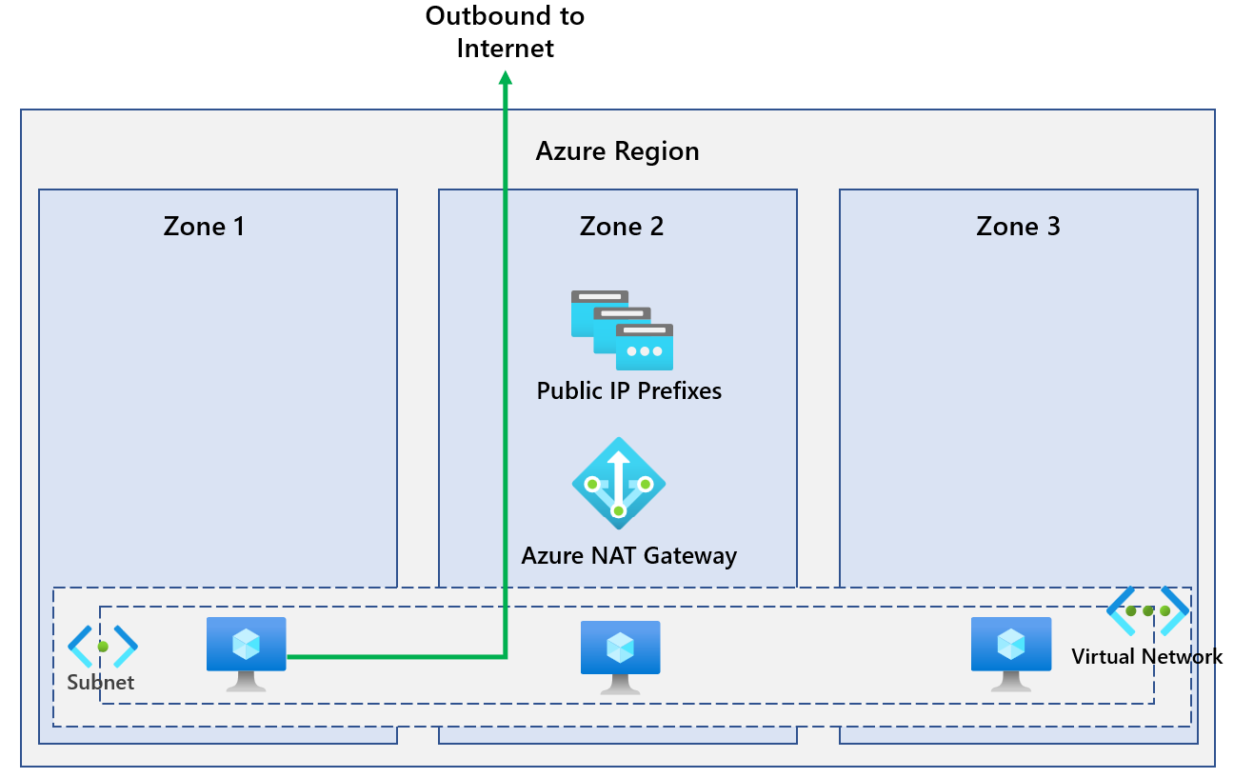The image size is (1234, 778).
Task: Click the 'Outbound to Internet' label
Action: coord(505,31)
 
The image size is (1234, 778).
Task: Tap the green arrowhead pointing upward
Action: coord(506,83)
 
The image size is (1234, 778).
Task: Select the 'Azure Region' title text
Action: coord(617,151)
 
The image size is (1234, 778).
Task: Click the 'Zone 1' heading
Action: coord(204,227)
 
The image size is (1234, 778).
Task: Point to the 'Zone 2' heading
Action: coord(621,227)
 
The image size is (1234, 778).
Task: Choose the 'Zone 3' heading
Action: coord(1018,227)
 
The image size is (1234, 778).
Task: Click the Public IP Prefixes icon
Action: coord(622,329)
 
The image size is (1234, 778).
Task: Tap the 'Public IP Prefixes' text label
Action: coord(628,391)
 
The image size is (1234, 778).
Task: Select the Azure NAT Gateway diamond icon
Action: coord(618,484)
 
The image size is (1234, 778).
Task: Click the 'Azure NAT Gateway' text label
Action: coord(628,555)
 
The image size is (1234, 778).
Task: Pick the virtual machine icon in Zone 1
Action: coord(247,652)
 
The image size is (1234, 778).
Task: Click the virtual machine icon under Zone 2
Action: coord(620,656)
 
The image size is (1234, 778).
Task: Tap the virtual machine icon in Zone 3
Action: coord(1010,652)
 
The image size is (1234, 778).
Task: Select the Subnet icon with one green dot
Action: coord(103,647)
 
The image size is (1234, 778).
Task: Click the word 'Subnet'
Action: coord(100,683)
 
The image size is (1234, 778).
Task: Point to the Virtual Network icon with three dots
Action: coord(1147,611)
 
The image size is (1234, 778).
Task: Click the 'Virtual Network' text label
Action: coord(1146,656)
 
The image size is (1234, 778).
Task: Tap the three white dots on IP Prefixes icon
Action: coord(645,351)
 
